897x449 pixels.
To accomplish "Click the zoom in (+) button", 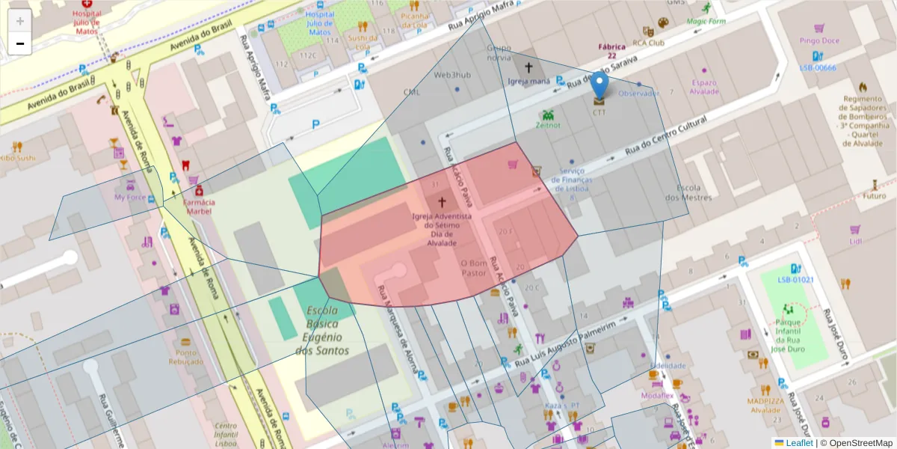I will pos(19,21).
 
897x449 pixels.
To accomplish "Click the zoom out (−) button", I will pos(19,43).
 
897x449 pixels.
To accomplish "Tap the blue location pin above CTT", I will pos(599,87).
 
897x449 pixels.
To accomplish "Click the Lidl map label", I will pos(855,241).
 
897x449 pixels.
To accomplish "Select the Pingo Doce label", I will pos(819,40).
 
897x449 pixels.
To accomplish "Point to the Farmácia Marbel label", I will pos(199,207).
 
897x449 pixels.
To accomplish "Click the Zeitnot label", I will pos(548,126).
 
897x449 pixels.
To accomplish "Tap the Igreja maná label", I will pos(528,80).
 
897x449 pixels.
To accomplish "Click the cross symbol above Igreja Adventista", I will pos(442,202).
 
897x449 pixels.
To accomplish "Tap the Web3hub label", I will pos(453,75).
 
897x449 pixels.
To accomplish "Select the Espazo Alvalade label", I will pos(704,87).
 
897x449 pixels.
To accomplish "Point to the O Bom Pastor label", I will pos(473,268).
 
